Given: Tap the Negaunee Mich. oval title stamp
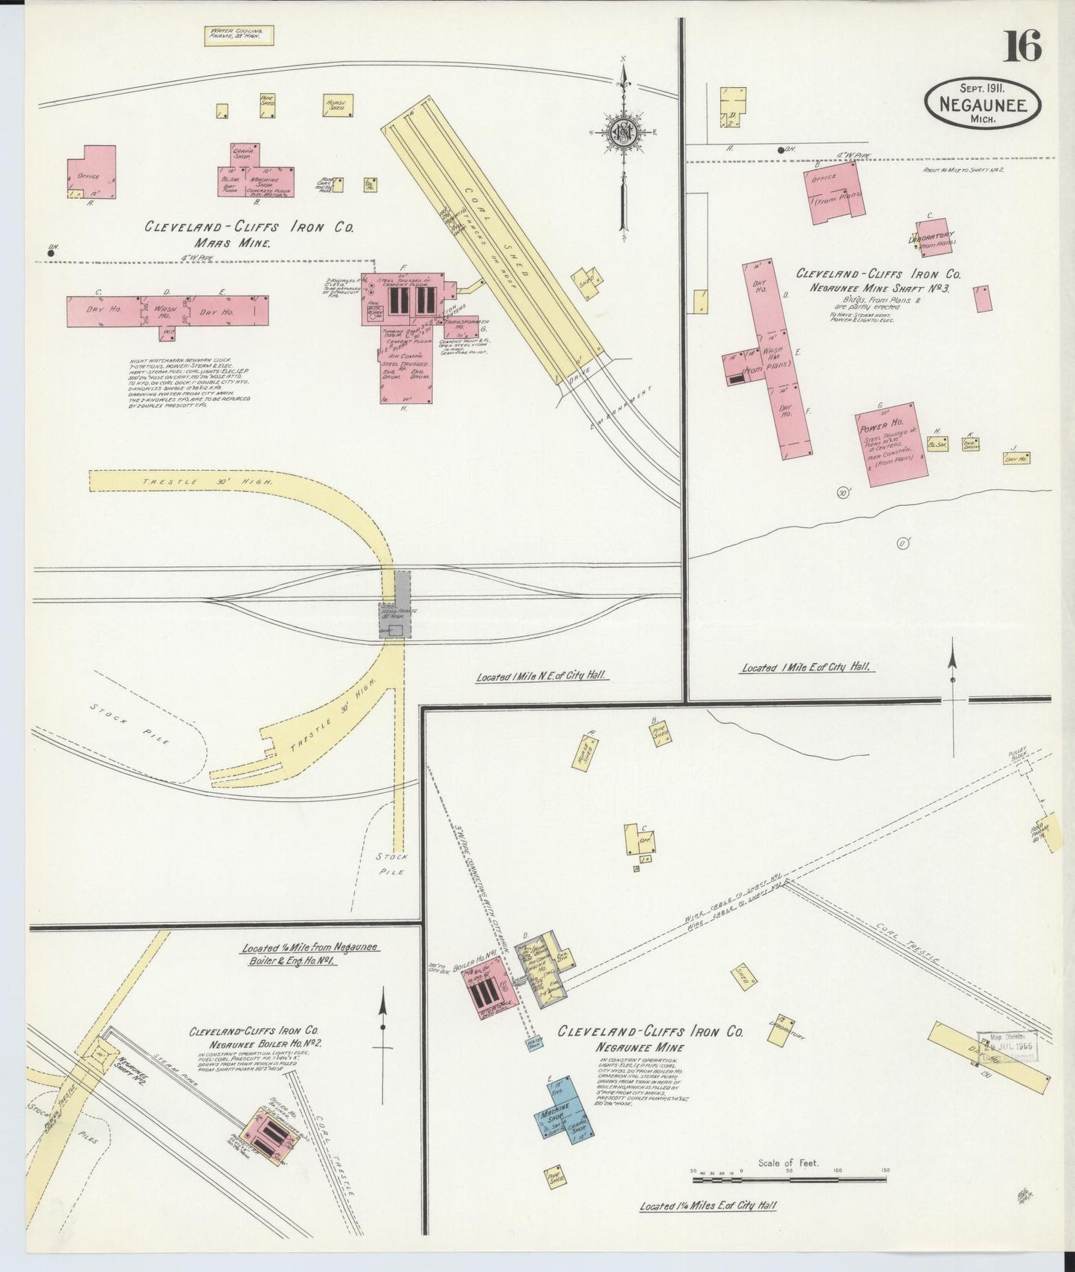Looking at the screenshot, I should tap(983, 104).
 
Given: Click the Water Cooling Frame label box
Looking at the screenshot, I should tap(239, 36).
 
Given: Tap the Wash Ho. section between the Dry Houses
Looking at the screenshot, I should tap(165, 312).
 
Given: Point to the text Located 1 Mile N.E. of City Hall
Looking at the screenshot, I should tap(541, 676).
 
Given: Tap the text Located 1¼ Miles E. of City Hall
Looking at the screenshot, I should tap(707, 1206).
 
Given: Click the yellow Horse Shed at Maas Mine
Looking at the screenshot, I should tap(338, 105).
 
